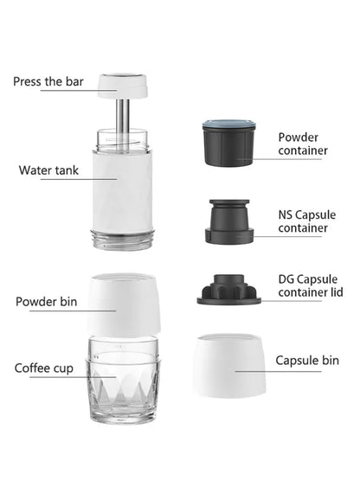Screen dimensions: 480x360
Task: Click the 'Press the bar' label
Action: (x=48, y=82)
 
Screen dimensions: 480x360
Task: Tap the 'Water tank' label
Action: (x=48, y=170)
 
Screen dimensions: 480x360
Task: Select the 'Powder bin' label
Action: (x=48, y=302)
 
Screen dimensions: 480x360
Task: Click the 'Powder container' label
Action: (x=303, y=144)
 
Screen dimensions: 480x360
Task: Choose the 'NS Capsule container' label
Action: (x=303, y=221)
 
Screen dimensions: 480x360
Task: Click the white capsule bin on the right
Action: (x=228, y=365)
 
